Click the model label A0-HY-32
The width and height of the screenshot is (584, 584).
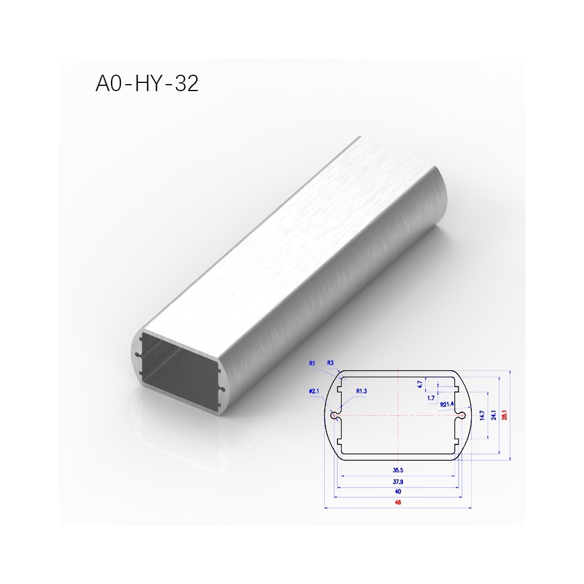pos(147,83)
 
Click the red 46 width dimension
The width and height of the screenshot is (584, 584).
pos(398,502)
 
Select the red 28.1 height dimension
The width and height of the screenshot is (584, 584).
pos(505,415)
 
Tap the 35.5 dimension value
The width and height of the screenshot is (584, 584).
pos(398,470)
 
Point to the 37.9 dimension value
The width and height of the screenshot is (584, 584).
pos(398,482)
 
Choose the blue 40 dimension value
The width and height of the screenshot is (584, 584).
pos(398,492)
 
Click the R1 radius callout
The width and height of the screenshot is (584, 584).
pos(312,363)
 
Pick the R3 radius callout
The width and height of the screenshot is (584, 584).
pos(331,363)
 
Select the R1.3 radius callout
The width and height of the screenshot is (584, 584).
pos(361,391)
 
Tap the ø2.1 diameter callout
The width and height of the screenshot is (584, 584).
pos(314,391)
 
